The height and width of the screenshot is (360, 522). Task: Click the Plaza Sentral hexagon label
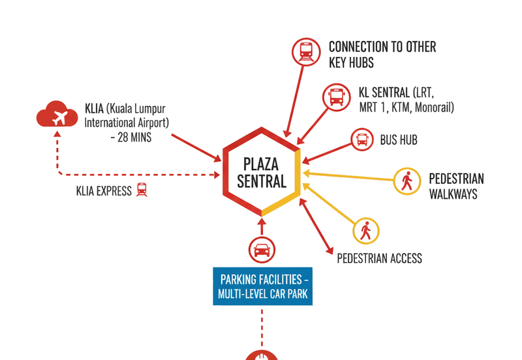[x=262, y=172]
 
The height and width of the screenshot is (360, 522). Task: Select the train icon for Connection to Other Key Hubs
[x=305, y=51]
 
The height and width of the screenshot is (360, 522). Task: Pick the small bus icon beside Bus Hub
[x=361, y=140]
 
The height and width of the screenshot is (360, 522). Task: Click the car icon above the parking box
[x=262, y=249]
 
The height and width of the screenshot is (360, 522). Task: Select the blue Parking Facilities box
[x=262, y=286]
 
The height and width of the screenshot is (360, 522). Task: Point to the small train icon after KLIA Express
[x=142, y=190]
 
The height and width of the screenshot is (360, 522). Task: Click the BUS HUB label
[x=399, y=140]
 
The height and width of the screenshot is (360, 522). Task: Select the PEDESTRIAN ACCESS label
[x=379, y=258]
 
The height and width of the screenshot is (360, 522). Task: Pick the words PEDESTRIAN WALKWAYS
[x=456, y=186]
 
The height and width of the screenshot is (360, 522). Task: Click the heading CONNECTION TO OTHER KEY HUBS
[x=382, y=55]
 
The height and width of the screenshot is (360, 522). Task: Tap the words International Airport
[x=127, y=122]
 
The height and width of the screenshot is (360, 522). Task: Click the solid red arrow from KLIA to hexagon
[x=196, y=147]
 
